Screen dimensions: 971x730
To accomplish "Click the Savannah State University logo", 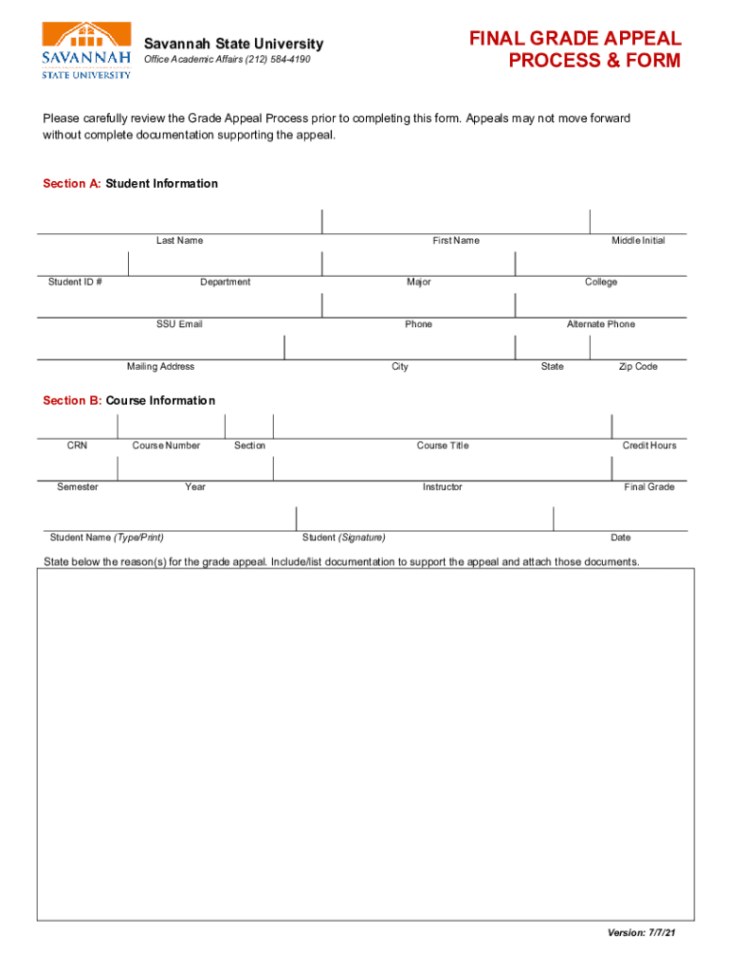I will click(x=85, y=50).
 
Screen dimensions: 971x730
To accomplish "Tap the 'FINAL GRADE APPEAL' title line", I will click(x=575, y=39).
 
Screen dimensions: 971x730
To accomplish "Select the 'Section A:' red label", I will click(x=72, y=184).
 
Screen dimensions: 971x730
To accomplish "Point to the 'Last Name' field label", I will click(x=179, y=241).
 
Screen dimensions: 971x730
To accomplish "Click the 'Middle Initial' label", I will click(x=638, y=241).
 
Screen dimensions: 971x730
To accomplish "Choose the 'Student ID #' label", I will click(x=76, y=283).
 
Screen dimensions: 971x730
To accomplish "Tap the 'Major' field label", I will click(x=418, y=283).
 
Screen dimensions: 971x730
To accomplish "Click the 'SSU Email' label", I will click(x=179, y=324).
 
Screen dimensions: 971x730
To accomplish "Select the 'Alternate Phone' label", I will click(x=601, y=324).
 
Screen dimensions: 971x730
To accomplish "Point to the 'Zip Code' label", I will click(x=638, y=367).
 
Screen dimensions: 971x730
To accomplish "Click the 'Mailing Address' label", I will click(x=160, y=367).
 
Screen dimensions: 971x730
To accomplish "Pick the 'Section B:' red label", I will click(x=72, y=401).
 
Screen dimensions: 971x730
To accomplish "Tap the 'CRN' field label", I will click(x=77, y=446).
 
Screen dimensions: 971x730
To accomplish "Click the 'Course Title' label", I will click(x=443, y=446).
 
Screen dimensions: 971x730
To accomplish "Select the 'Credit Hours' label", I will click(x=649, y=446).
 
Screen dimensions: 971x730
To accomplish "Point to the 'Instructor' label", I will click(x=443, y=487).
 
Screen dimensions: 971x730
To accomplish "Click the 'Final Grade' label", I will click(x=649, y=487).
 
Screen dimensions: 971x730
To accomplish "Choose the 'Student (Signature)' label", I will click(x=343, y=538).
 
